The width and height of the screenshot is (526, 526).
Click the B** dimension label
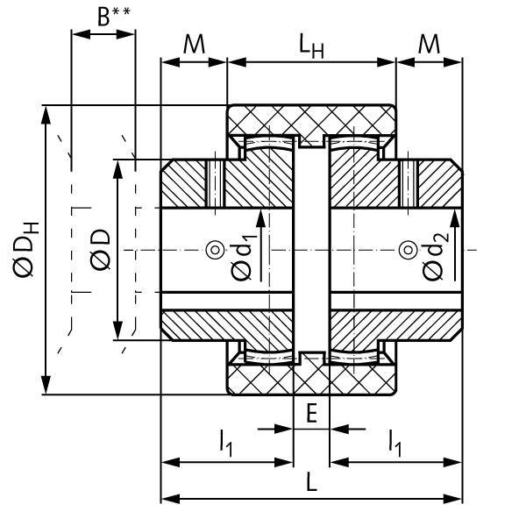111,17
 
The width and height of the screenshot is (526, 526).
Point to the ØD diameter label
99,250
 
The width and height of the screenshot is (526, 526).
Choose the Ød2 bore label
433,259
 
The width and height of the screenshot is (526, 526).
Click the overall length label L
312,483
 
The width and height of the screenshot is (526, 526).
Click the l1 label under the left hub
226,445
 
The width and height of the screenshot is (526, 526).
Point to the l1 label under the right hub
395,445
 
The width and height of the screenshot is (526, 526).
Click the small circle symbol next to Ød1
213,251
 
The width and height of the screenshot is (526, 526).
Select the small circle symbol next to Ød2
407,251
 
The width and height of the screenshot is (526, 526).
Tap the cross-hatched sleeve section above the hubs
311,118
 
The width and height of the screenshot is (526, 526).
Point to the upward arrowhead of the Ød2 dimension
454,216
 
